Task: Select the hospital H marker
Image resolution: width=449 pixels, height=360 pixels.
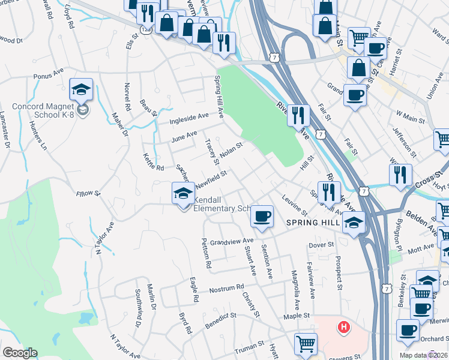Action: (x=343, y=327)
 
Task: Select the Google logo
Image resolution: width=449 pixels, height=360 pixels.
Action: (x=20, y=353)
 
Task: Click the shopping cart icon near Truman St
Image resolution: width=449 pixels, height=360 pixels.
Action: (x=305, y=344)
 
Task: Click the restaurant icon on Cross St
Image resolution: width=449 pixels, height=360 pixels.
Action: (x=400, y=175)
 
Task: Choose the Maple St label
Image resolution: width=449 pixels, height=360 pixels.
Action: (x=297, y=315)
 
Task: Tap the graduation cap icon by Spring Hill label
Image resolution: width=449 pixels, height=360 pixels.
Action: (x=354, y=222)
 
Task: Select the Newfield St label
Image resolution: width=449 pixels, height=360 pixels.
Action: (x=211, y=176)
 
